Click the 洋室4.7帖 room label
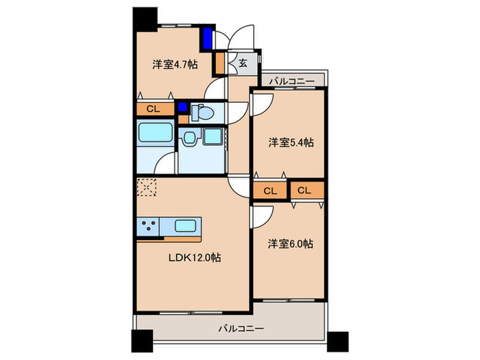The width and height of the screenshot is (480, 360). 175,65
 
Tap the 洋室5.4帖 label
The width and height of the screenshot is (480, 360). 291,143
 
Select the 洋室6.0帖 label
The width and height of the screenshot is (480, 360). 291,243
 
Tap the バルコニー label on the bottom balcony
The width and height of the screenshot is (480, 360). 241,328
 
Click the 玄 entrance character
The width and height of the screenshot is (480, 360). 243,64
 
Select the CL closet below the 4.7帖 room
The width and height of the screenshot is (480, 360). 154,108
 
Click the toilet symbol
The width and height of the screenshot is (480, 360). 203,111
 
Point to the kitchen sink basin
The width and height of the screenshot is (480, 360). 186,226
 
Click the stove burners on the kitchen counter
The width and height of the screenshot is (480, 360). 148,226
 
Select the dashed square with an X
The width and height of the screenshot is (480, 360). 147,187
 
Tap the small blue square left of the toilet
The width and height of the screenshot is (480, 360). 182,107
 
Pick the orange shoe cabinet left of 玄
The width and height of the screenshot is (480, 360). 220,64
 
